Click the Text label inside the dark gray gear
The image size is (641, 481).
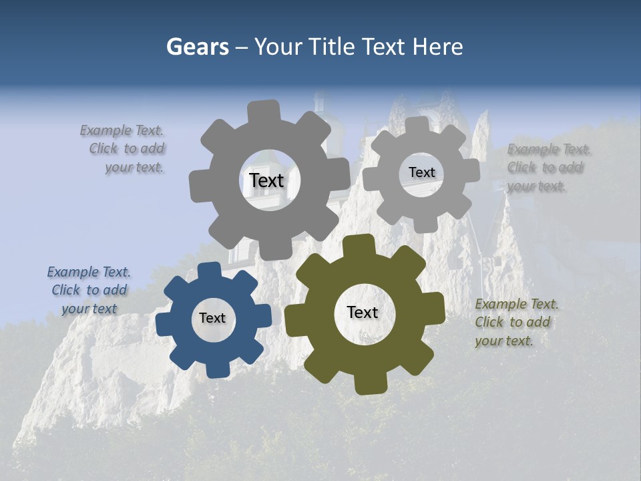[266, 180]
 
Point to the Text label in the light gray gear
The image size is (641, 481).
[421, 172]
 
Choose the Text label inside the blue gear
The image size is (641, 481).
[212, 318]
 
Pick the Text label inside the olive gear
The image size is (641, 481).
[363, 312]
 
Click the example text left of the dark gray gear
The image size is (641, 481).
[126, 148]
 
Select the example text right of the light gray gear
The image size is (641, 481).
[549, 167]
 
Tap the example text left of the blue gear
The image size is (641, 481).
[89, 290]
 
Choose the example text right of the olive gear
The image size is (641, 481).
[516, 322]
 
